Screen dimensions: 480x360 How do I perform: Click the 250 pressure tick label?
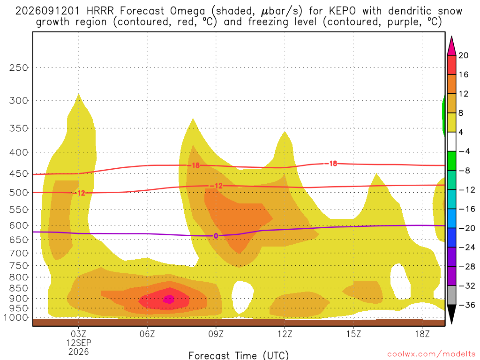(19, 67)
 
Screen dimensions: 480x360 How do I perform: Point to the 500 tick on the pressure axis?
(19, 193)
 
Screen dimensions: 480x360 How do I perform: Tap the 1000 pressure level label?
(16, 317)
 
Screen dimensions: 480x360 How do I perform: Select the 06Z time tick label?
(147, 334)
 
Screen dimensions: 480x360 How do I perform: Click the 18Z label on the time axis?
(422, 334)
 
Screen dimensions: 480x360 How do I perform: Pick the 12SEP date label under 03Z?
(79, 343)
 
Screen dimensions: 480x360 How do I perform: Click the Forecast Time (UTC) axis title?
(239, 355)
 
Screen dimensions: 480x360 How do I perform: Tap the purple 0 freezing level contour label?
(216, 236)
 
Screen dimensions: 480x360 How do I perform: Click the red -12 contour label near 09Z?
(216, 186)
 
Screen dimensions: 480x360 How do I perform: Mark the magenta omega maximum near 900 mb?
(169, 299)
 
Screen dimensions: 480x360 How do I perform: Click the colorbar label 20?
(464, 55)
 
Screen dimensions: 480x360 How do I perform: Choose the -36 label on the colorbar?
(467, 305)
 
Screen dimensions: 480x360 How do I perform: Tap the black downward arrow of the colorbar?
(451, 314)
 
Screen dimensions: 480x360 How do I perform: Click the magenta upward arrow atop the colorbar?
(451, 46)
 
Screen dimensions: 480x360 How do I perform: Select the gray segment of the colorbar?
(451, 295)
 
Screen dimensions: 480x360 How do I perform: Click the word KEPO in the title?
(342, 11)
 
